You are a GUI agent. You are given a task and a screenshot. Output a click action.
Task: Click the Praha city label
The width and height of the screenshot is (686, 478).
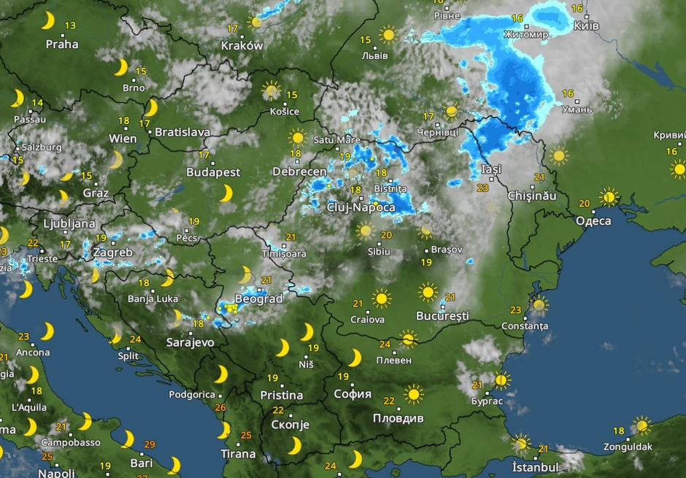pos(62,44)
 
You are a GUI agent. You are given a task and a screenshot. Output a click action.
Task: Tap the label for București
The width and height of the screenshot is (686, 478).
pos(442,316)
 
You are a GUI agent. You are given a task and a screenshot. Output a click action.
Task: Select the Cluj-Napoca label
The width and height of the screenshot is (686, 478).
pos(361,207)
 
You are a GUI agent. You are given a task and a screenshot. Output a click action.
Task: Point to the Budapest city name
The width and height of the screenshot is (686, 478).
pos(213,172)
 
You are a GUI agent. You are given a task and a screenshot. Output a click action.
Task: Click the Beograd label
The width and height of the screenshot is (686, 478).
pos(258,299)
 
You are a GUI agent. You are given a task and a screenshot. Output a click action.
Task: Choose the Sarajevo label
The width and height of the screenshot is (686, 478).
pos(190,342)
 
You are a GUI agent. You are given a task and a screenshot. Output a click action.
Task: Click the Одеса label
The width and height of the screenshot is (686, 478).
pos(593,220)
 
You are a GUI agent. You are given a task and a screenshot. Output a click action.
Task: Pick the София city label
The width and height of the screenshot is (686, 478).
pos(352,394)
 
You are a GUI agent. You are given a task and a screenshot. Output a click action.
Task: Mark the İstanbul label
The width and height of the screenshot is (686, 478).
pos(535,467)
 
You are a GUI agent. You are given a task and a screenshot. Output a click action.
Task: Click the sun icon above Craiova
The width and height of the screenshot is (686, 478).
pos(381,298)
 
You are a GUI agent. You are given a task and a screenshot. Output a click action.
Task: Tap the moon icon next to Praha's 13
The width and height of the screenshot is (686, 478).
pos(48,20)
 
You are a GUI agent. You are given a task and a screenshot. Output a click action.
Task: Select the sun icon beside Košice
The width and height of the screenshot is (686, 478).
pos(271,90)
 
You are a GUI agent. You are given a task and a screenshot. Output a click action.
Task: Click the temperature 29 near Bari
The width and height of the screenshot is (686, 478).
pos(150,444)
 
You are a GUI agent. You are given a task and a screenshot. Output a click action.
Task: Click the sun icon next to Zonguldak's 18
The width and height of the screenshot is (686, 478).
pos(641,425)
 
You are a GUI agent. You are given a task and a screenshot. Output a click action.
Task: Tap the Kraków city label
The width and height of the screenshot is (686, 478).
pos(242,45)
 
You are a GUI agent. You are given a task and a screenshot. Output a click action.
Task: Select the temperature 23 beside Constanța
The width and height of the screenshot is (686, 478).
pos(516,309)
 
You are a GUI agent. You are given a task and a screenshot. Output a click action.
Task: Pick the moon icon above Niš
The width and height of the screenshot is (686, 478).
pos(307,332)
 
